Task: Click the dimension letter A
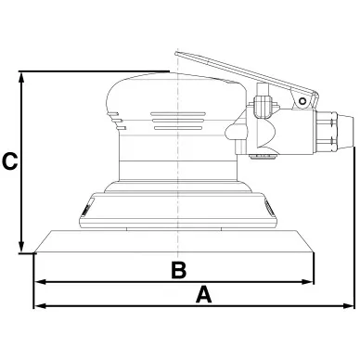tap(204, 294)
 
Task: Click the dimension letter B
tap(179, 270)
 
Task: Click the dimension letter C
tap(9, 161)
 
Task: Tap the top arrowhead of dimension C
tap(21, 78)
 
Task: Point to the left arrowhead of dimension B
tap(41, 282)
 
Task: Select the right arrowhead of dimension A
tap(348, 306)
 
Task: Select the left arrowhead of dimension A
tap(40, 306)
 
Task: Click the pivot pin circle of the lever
tap(302, 101)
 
